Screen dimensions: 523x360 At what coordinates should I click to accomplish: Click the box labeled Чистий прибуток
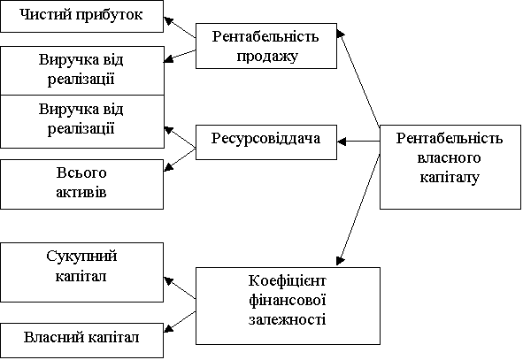pyautogui.click(x=81, y=16)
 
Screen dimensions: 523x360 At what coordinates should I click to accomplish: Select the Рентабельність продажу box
pyautogui.click(x=266, y=46)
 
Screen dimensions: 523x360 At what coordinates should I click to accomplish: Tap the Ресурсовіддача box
pyautogui.click(x=266, y=142)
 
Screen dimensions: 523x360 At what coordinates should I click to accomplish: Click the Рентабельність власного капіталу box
pyautogui.click(x=450, y=167)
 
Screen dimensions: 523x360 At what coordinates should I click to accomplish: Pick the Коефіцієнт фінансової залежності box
pyautogui.click(x=288, y=306)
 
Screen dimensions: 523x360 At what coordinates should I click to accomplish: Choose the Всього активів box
pyautogui.click(x=81, y=184)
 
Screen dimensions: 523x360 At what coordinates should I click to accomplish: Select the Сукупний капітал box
pyautogui.click(x=81, y=272)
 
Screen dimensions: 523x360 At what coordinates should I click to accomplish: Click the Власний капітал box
pyautogui.click(x=81, y=341)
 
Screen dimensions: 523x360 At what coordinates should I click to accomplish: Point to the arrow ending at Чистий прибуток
pyautogui.click(x=180, y=27)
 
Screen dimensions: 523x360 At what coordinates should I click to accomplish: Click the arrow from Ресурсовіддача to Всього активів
pyautogui.click(x=180, y=160)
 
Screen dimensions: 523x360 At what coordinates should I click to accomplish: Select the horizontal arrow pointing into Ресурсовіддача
pyautogui.click(x=358, y=142)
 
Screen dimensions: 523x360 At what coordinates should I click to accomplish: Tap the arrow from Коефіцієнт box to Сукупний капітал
pyautogui.click(x=180, y=288)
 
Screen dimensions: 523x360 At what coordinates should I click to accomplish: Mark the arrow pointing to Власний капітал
pyautogui.click(x=180, y=322)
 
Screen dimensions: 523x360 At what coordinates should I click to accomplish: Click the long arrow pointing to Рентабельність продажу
pyautogui.click(x=358, y=79)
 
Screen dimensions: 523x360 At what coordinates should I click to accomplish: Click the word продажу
pyautogui.click(x=267, y=57)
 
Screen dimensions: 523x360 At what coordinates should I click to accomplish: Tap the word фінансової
pyautogui.click(x=288, y=300)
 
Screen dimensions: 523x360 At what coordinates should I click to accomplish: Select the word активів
pyautogui.click(x=81, y=192)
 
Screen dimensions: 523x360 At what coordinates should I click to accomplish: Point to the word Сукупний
pyautogui.click(x=81, y=257)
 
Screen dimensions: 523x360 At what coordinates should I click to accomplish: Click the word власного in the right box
pyautogui.click(x=449, y=157)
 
